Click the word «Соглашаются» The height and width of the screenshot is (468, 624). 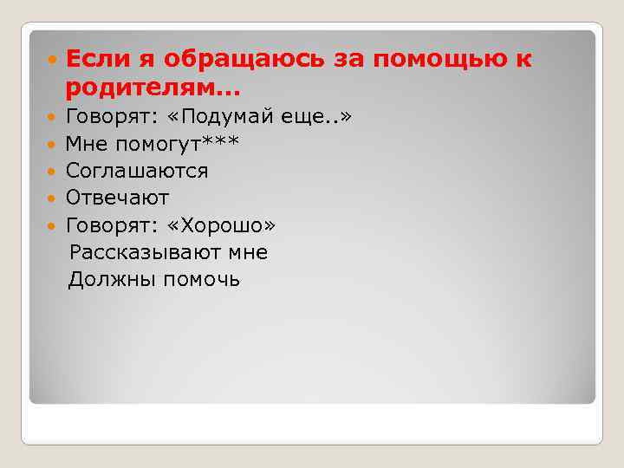click(x=137, y=171)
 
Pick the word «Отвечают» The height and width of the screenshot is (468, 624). click(x=117, y=198)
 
